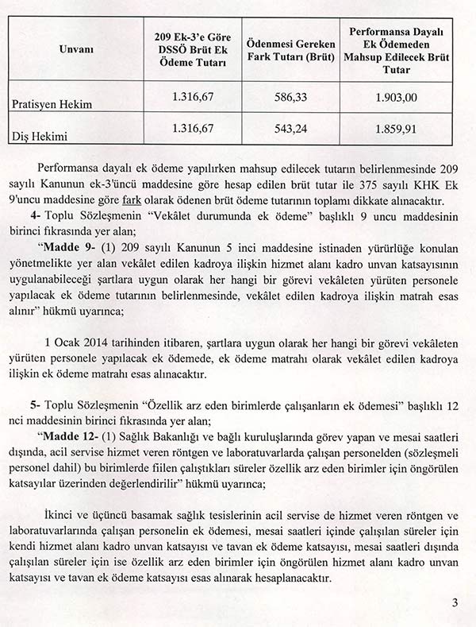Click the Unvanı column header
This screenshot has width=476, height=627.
(x=77, y=49)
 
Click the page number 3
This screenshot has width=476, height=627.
(x=455, y=602)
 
